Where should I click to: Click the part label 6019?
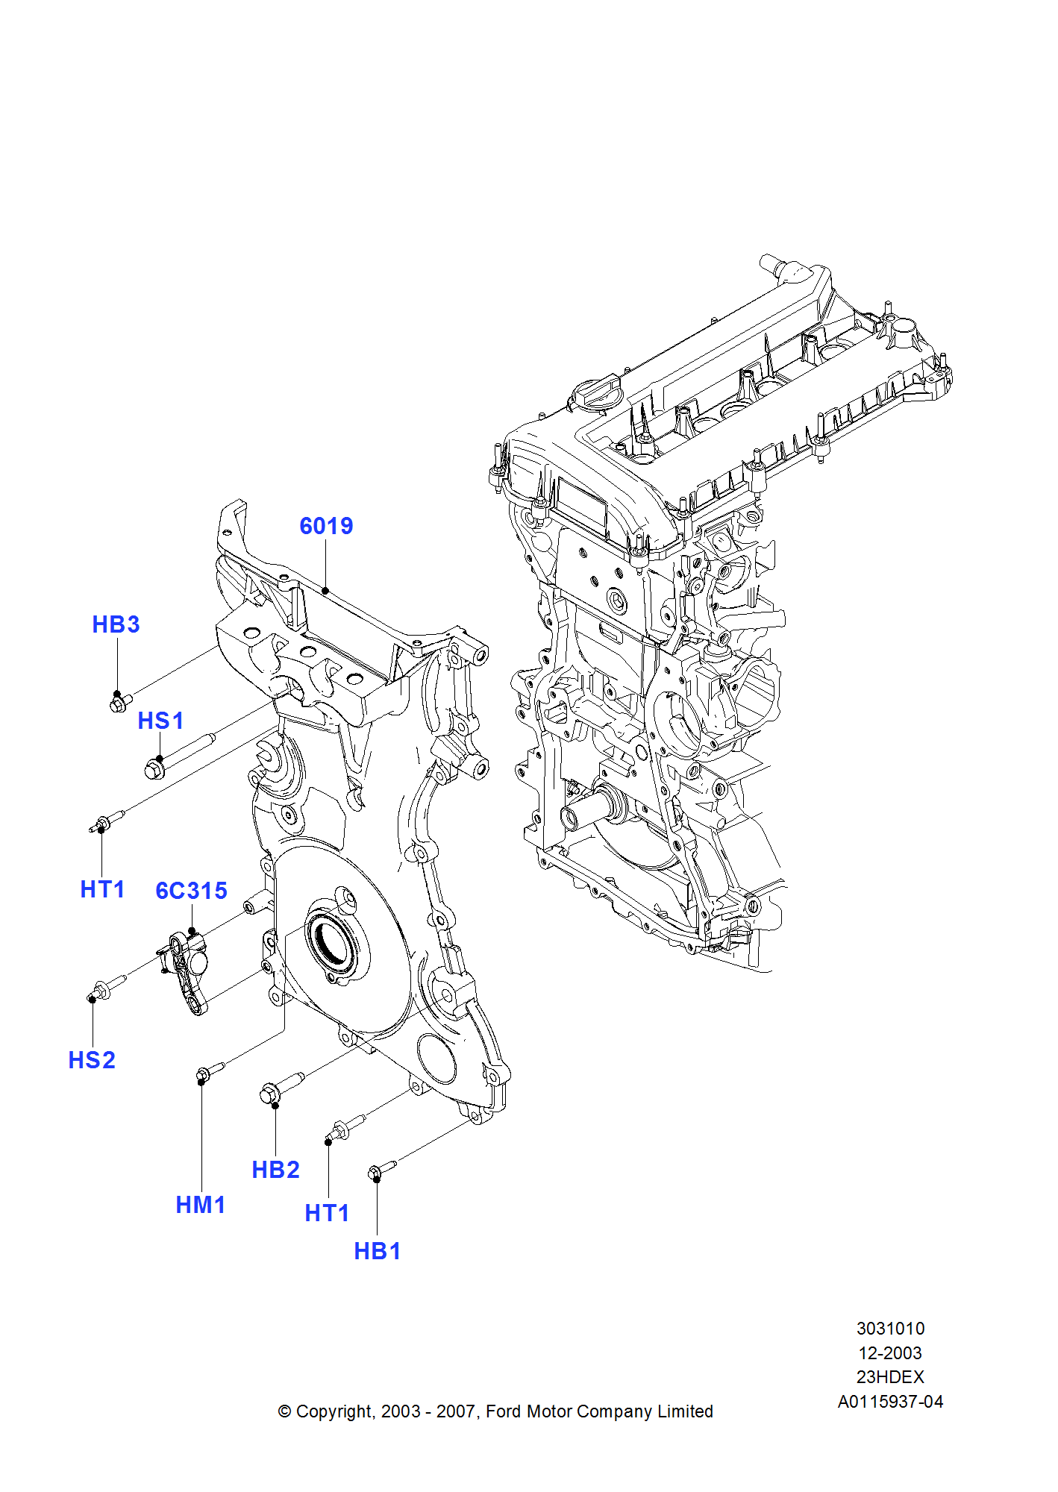tap(326, 526)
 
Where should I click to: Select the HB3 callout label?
tap(116, 624)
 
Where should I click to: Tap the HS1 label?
tap(160, 721)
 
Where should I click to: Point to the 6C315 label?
tap(191, 890)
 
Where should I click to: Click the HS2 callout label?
tap(92, 1060)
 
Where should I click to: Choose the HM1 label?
tap(201, 1205)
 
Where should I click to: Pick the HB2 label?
tap(275, 1170)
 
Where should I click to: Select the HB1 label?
tap(378, 1251)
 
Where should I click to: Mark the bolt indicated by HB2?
tap(280, 1088)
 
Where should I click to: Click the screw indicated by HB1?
tap(382, 1170)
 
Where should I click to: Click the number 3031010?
tap(890, 1329)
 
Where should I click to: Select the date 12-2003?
tap(890, 1353)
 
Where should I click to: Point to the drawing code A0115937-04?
tap(890, 1402)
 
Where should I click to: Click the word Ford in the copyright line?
tap(504, 1411)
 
